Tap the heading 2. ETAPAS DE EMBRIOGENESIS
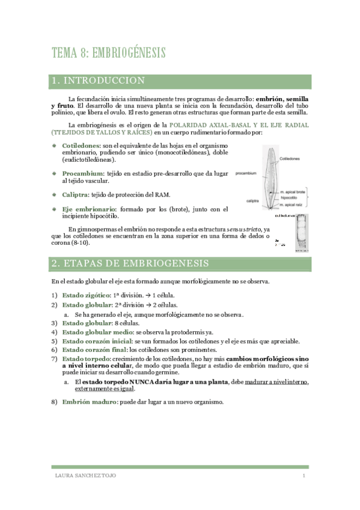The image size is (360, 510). [130, 263]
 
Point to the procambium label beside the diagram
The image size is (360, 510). [246, 173]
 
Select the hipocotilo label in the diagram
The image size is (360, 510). [290, 197]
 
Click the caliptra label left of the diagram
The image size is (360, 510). [252, 200]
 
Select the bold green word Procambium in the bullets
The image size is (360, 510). [82, 173]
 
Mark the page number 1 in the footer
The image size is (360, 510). [304, 476]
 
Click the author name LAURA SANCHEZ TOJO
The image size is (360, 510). [86, 476]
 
